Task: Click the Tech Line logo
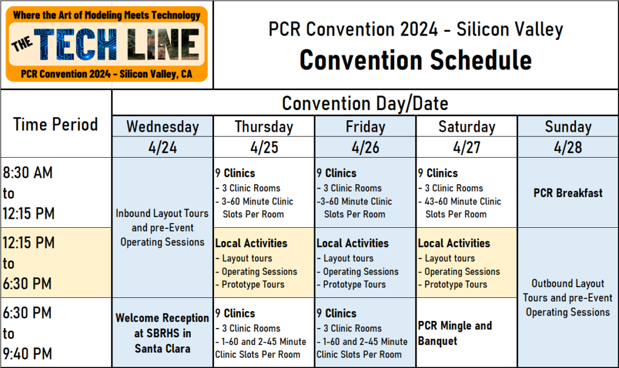point(106,44)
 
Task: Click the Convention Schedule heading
point(416,60)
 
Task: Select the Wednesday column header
point(163,127)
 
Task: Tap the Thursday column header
point(264,127)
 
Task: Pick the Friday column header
point(365,127)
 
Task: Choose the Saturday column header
point(466,127)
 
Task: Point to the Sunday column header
point(568,127)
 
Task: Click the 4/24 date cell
point(163,147)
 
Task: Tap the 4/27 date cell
point(466,147)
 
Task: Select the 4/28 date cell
point(568,147)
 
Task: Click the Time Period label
point(56,124)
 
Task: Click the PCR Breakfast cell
point(568,193)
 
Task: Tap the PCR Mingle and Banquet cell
point(455,333)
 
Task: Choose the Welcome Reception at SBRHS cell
point(163,333)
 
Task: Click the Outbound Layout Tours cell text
point(568,298)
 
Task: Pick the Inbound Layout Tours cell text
point(163,228)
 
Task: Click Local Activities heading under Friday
point(352,244)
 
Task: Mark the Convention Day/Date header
point(365,103)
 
